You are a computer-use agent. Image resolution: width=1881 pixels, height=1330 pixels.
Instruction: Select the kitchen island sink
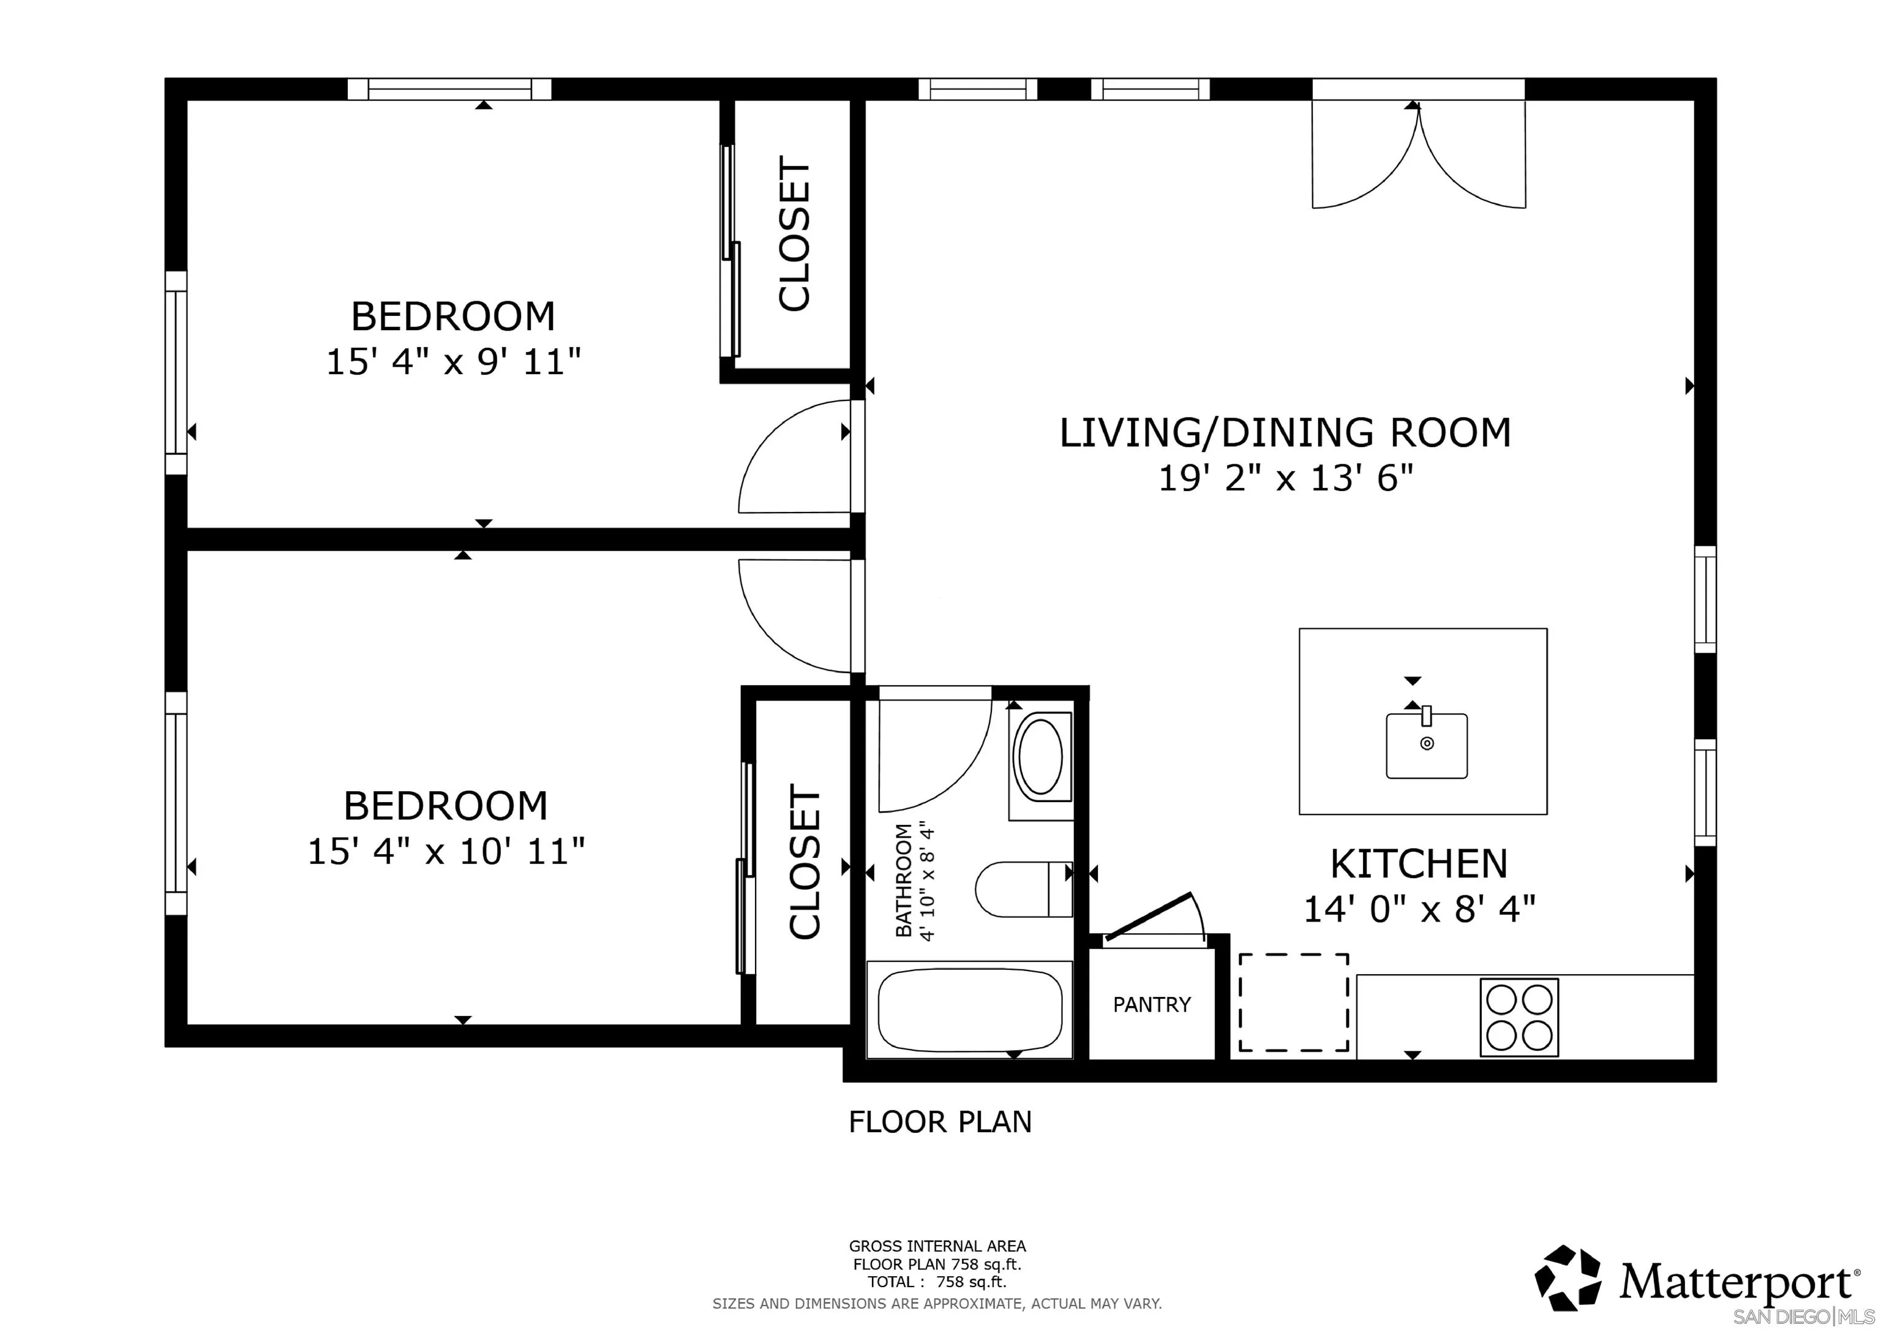[x=1426, y=744]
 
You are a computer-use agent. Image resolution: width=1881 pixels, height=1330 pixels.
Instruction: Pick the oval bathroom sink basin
[x=1039, y=756]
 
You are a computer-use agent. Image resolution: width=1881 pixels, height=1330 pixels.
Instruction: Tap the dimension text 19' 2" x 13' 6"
[x=1285, y=478]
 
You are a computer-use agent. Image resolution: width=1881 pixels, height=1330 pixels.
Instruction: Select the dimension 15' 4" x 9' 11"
[x=453, y=361]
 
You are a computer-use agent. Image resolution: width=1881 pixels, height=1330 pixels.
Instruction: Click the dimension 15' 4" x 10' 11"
[x=446, y=851]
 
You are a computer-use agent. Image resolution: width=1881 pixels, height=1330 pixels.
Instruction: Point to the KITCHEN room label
[x=1418, y=863]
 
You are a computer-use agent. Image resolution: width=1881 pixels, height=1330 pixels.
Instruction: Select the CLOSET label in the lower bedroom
[x=805, y=862]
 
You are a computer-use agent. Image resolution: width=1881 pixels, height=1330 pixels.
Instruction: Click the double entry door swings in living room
[x=1419, y=160]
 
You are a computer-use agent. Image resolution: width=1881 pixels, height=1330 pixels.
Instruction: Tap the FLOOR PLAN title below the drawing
[x=940, y=1121]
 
